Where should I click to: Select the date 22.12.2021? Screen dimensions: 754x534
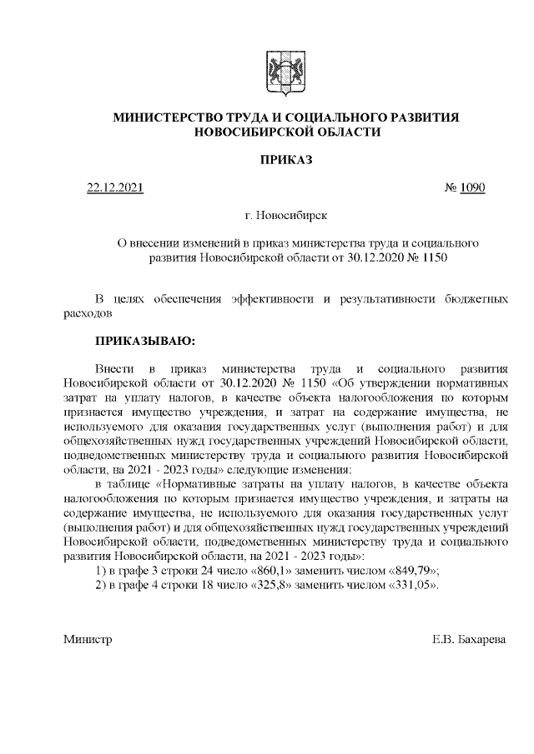[116, 188]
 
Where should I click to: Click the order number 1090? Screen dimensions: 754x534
[471, 188]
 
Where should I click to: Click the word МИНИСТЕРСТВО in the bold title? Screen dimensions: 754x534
[168, 117]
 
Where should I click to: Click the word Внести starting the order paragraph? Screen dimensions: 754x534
[114, 367]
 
